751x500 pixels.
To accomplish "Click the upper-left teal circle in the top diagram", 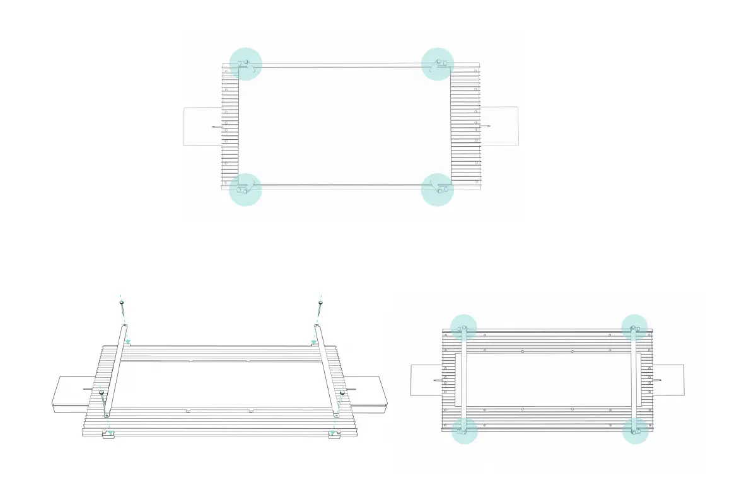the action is tap(245, 64).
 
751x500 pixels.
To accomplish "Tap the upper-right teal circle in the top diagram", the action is tap(438, 64).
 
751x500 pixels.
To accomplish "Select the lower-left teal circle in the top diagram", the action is tap(245, 189).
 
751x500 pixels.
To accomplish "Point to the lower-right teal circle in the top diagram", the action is tap(438, 189).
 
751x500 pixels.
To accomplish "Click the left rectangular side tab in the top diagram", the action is tap(202, 127).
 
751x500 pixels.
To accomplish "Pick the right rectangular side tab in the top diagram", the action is tap(500, 127).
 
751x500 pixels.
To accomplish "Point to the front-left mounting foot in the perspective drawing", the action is tap(108, 435).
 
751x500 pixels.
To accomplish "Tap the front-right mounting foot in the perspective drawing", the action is tap(334, 435).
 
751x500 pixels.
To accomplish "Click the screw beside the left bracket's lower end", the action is tap(101, 394).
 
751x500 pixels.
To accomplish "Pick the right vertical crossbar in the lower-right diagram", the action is tap(635, 380).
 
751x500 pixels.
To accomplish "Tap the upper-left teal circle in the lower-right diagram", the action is tap(463, 327).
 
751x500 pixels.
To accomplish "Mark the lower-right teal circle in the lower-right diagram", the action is tap(635, 431).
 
